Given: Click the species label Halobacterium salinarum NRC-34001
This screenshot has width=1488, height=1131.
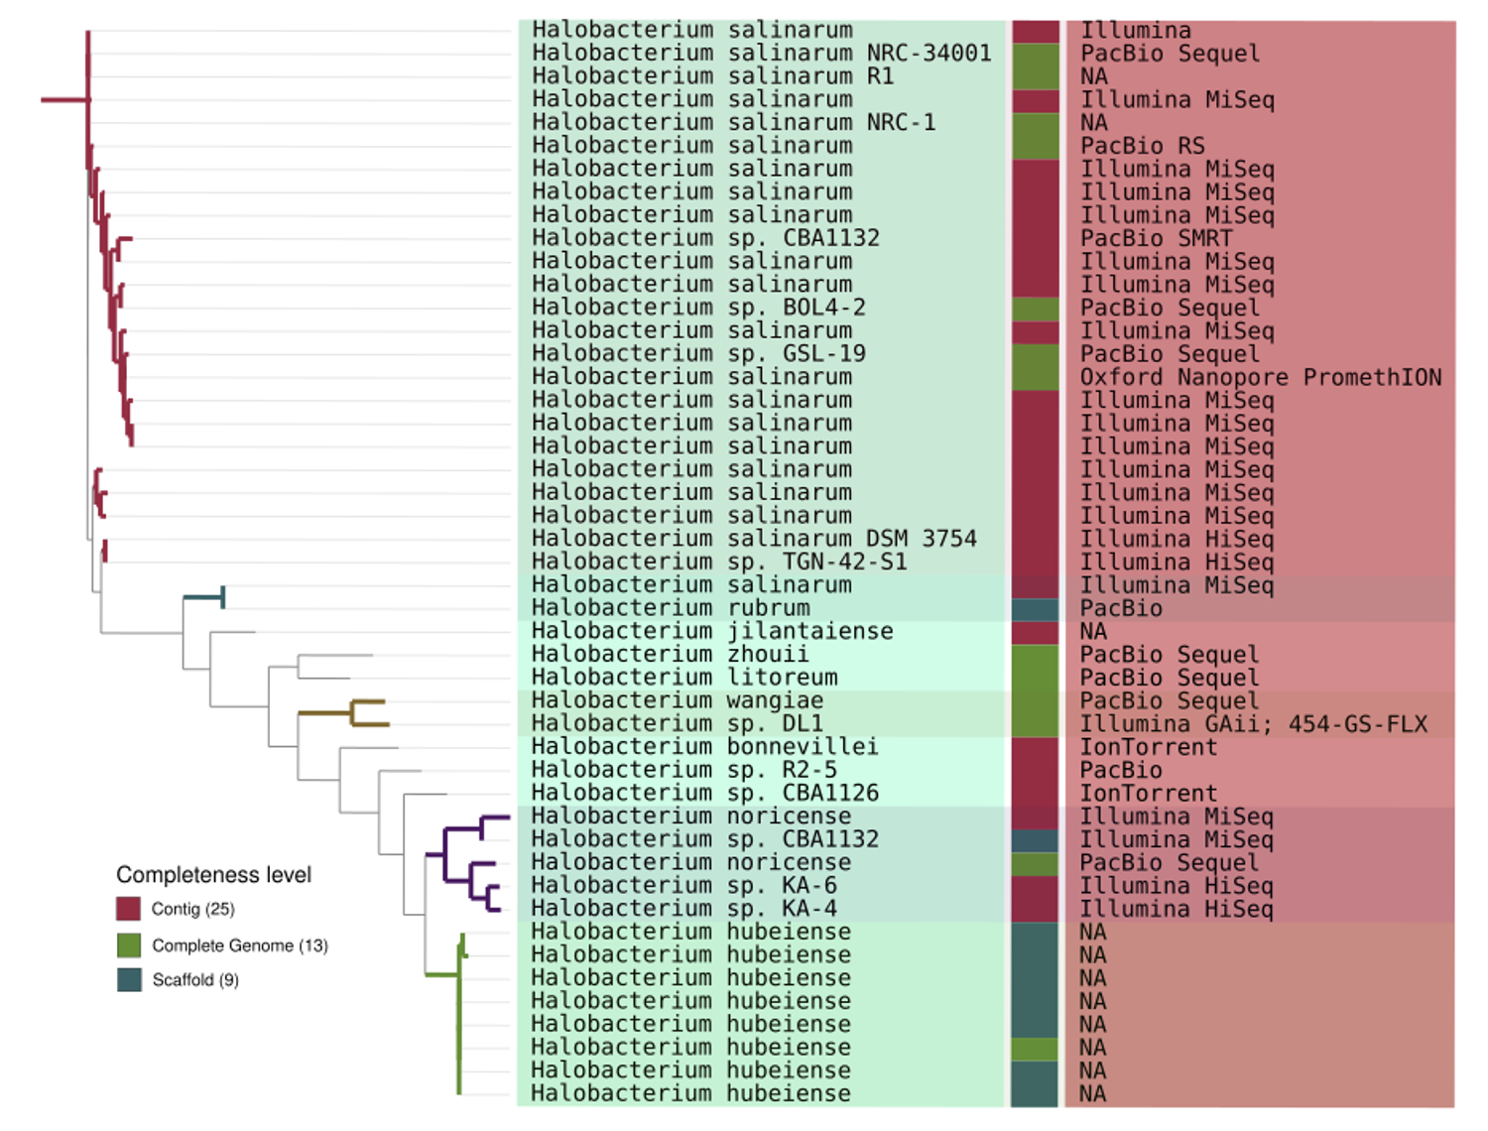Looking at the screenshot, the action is pos(761,53).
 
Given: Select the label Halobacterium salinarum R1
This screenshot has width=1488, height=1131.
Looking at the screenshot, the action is pos(712,76).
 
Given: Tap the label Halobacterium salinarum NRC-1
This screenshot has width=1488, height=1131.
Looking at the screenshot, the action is pos(733,122).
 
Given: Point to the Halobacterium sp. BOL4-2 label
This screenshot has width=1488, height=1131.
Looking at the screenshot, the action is pos(698,307).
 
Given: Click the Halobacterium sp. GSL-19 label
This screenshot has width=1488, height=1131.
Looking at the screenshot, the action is pos(698,353).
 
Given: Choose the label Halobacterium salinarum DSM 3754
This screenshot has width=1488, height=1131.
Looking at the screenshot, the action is pos(754,538).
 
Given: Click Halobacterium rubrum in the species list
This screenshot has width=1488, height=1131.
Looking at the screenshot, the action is pos(671,608).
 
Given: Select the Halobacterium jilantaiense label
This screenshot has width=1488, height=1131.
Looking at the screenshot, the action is pos(712,631).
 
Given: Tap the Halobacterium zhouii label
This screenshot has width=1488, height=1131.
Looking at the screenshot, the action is pos(670,654).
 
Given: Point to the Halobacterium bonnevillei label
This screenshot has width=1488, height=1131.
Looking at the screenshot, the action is pos(704,746).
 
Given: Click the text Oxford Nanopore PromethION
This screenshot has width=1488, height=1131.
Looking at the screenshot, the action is pos(1261,377).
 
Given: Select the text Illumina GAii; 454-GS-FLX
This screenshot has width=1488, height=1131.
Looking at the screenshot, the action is pos(1254,723).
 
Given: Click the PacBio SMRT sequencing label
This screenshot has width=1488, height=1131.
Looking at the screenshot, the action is pos(1156,238).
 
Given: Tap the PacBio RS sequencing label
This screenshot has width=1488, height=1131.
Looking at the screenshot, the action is pos(1142,145).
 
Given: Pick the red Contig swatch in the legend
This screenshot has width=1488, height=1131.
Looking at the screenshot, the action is pos(128,908).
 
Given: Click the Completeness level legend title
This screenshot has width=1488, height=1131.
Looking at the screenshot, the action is pos(213,875).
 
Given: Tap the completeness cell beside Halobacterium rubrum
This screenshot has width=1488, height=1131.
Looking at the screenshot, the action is pos(1035,610).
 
